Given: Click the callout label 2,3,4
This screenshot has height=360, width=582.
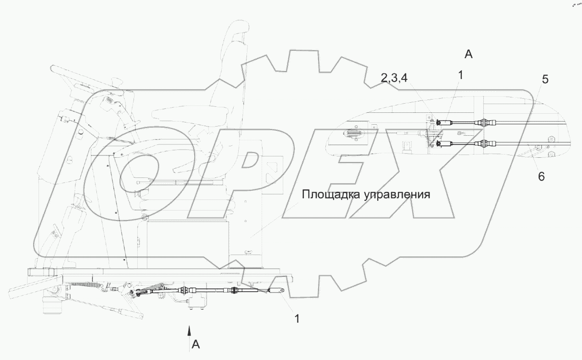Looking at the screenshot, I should coord(394,79).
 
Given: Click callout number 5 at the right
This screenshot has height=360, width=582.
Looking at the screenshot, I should coord(545,79).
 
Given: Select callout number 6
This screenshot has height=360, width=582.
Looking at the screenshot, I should coord(542,176).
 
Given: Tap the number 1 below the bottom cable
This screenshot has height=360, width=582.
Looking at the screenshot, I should coord(297,318).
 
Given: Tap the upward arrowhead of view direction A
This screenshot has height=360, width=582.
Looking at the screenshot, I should coord(188,329).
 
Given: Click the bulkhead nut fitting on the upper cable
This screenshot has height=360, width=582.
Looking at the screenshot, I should coord(484,122).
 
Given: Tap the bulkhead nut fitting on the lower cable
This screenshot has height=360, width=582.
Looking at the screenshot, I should coord(484,144).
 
